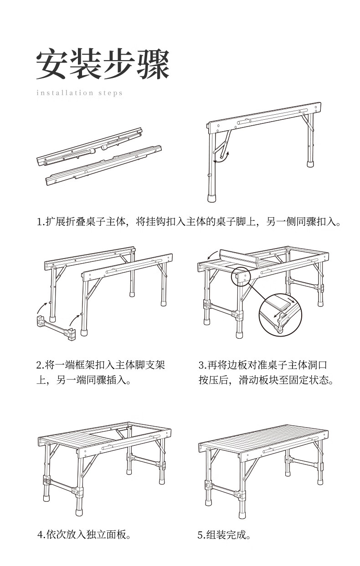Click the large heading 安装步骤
point(103,65)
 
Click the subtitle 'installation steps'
point(79,93)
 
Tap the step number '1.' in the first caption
point(40,222)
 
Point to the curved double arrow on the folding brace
point(223,157)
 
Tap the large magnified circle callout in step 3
point(280,314)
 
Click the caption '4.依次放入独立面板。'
point(85,534)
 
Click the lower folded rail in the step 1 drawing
point(104,165)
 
